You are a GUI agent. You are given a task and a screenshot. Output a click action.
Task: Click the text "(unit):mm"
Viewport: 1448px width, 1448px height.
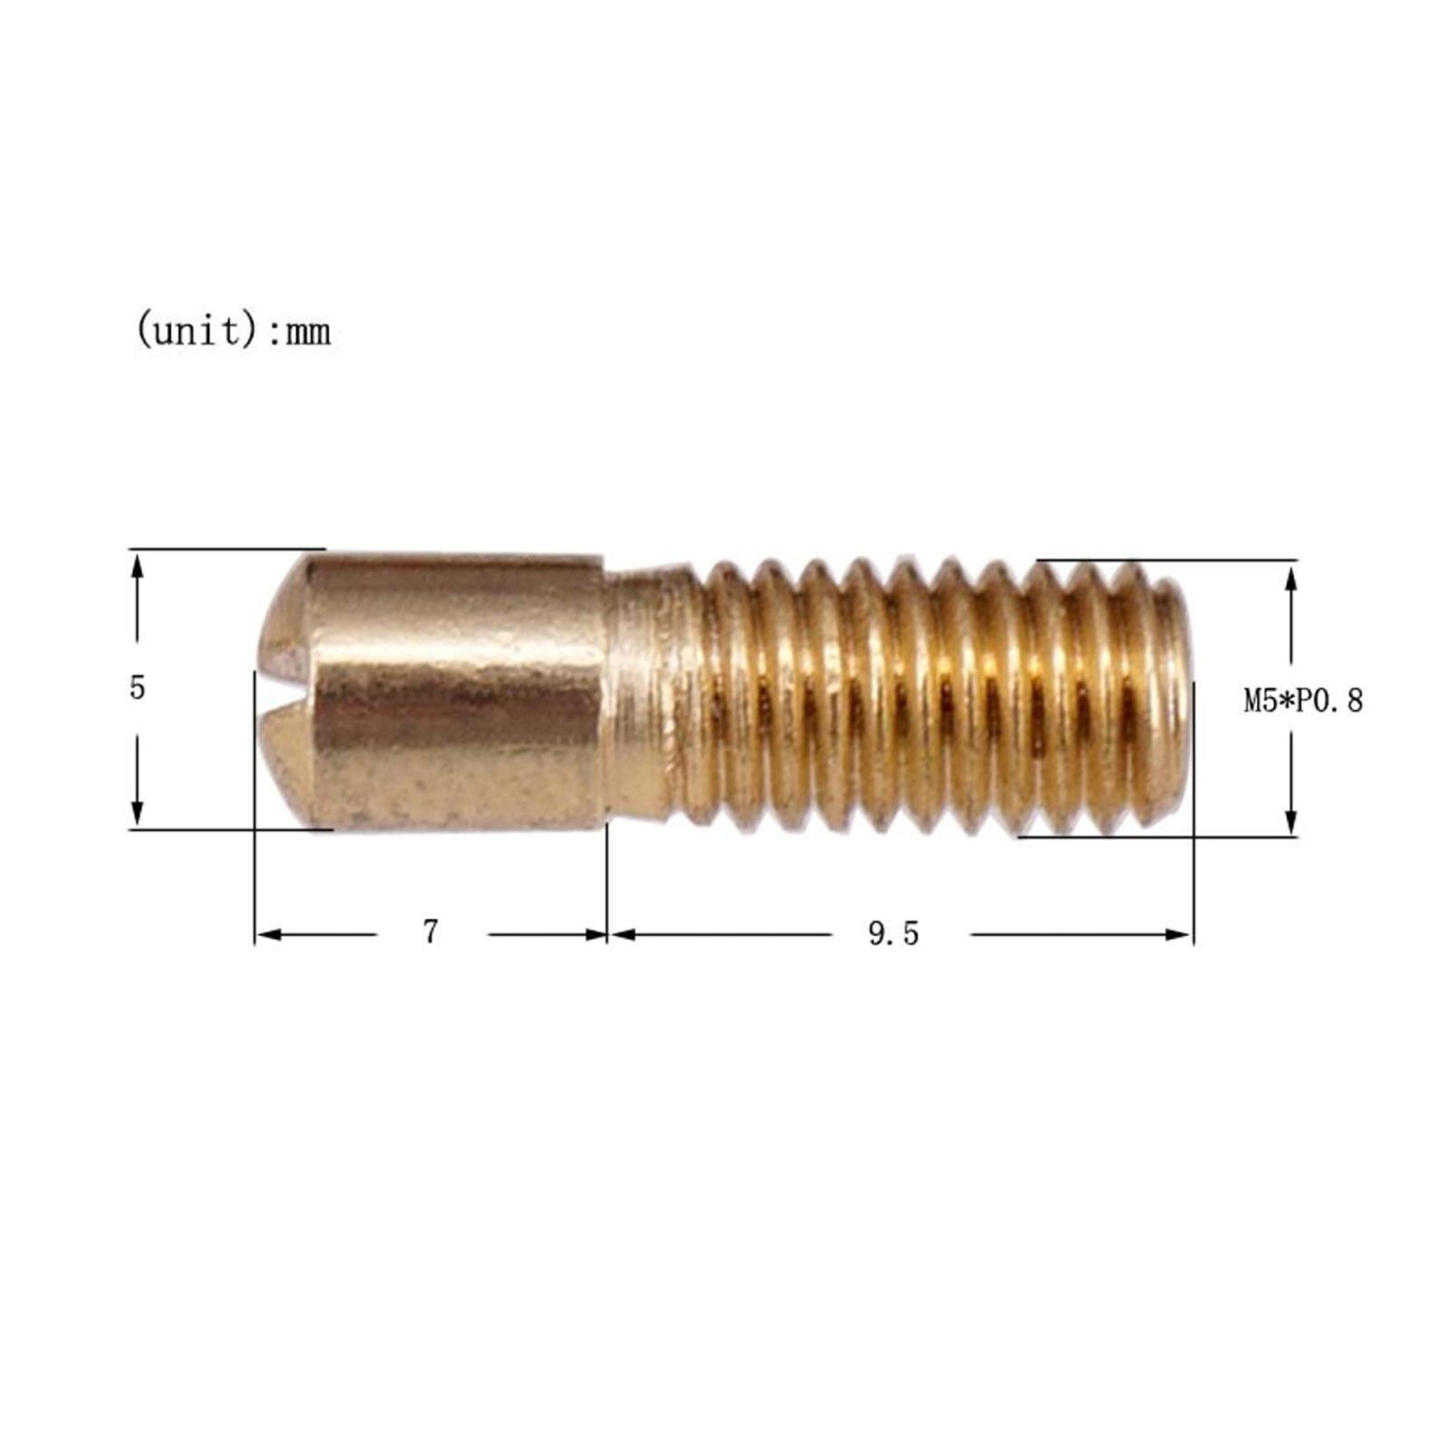[233, 332]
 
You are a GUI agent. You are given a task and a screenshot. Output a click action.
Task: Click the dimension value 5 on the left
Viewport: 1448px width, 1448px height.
[137, 688]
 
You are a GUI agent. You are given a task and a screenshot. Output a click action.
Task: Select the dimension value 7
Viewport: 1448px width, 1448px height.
[431, 931]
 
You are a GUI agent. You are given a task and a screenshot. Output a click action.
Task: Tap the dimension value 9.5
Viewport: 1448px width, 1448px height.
[893, 934]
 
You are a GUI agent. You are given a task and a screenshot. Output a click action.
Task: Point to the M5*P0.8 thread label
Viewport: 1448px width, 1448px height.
[1302, 700]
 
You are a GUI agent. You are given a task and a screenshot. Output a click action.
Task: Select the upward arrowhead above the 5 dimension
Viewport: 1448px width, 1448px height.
[137, 567]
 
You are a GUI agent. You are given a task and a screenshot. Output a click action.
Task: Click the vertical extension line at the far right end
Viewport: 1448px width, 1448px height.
[1194, 814]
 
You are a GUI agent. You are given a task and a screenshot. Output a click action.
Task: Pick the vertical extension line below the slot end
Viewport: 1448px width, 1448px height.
[255, 814]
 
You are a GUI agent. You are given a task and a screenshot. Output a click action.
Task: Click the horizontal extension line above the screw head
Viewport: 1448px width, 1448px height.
[226, 548]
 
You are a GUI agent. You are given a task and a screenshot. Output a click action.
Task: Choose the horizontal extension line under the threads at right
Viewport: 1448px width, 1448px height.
[1158, 837]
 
